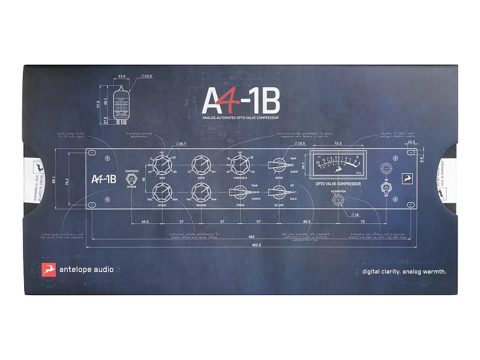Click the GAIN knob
pyautogui.click(x=162, y=165)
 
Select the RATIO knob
pyautogui.click(x=201, y=165)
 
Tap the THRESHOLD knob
pyautogui.click(x=239, y=165)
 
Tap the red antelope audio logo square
pyautogui.click(x=49, y=270)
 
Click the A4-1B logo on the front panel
pyautogui.click(x=104, y=179)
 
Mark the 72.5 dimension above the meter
pyautogui.click(x=338, y=143)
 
